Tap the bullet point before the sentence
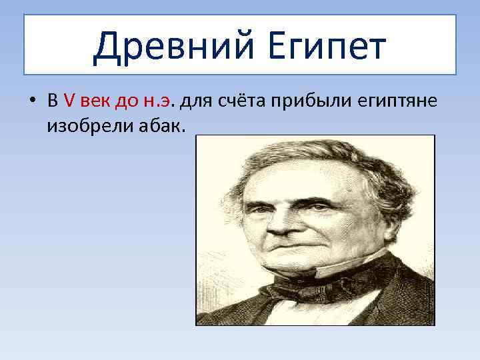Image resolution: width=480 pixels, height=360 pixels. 31,101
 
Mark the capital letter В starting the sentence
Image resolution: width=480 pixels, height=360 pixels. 52,101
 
